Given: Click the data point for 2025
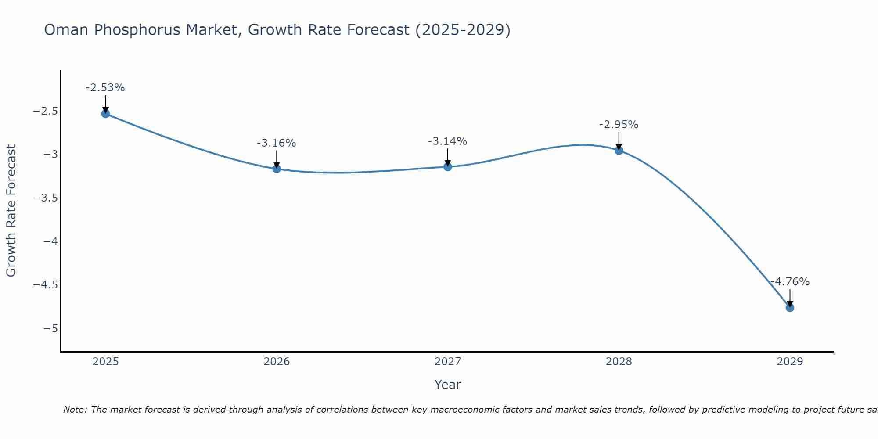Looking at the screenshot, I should tap(105, 114).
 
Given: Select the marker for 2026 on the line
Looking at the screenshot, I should tap(277, 169).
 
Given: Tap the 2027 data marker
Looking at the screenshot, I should tap(448, 167).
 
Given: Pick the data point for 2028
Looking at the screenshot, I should tap(619, 151).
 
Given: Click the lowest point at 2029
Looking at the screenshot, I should tap(790, 308).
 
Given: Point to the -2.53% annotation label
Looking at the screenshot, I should tap(105, 88).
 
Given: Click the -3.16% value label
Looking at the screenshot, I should tap(277, 143).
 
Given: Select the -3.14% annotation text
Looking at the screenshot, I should tap(448, 141).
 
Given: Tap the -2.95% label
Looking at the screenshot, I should tap(619, 125).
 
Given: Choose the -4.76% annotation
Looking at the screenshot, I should tap(790, 282).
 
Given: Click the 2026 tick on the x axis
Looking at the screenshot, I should tap(277, 362).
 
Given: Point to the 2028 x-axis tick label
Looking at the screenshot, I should tap(619, 362).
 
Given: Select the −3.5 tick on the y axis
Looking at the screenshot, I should tap(45, 198).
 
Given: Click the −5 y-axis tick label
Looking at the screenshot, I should tap(50, 329).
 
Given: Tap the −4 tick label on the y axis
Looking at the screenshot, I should tap(50, 241).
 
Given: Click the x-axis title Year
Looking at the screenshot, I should tap(447, 385).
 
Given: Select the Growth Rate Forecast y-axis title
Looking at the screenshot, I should tap(11, 211).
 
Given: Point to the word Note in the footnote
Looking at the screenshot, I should tap(75, 410).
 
